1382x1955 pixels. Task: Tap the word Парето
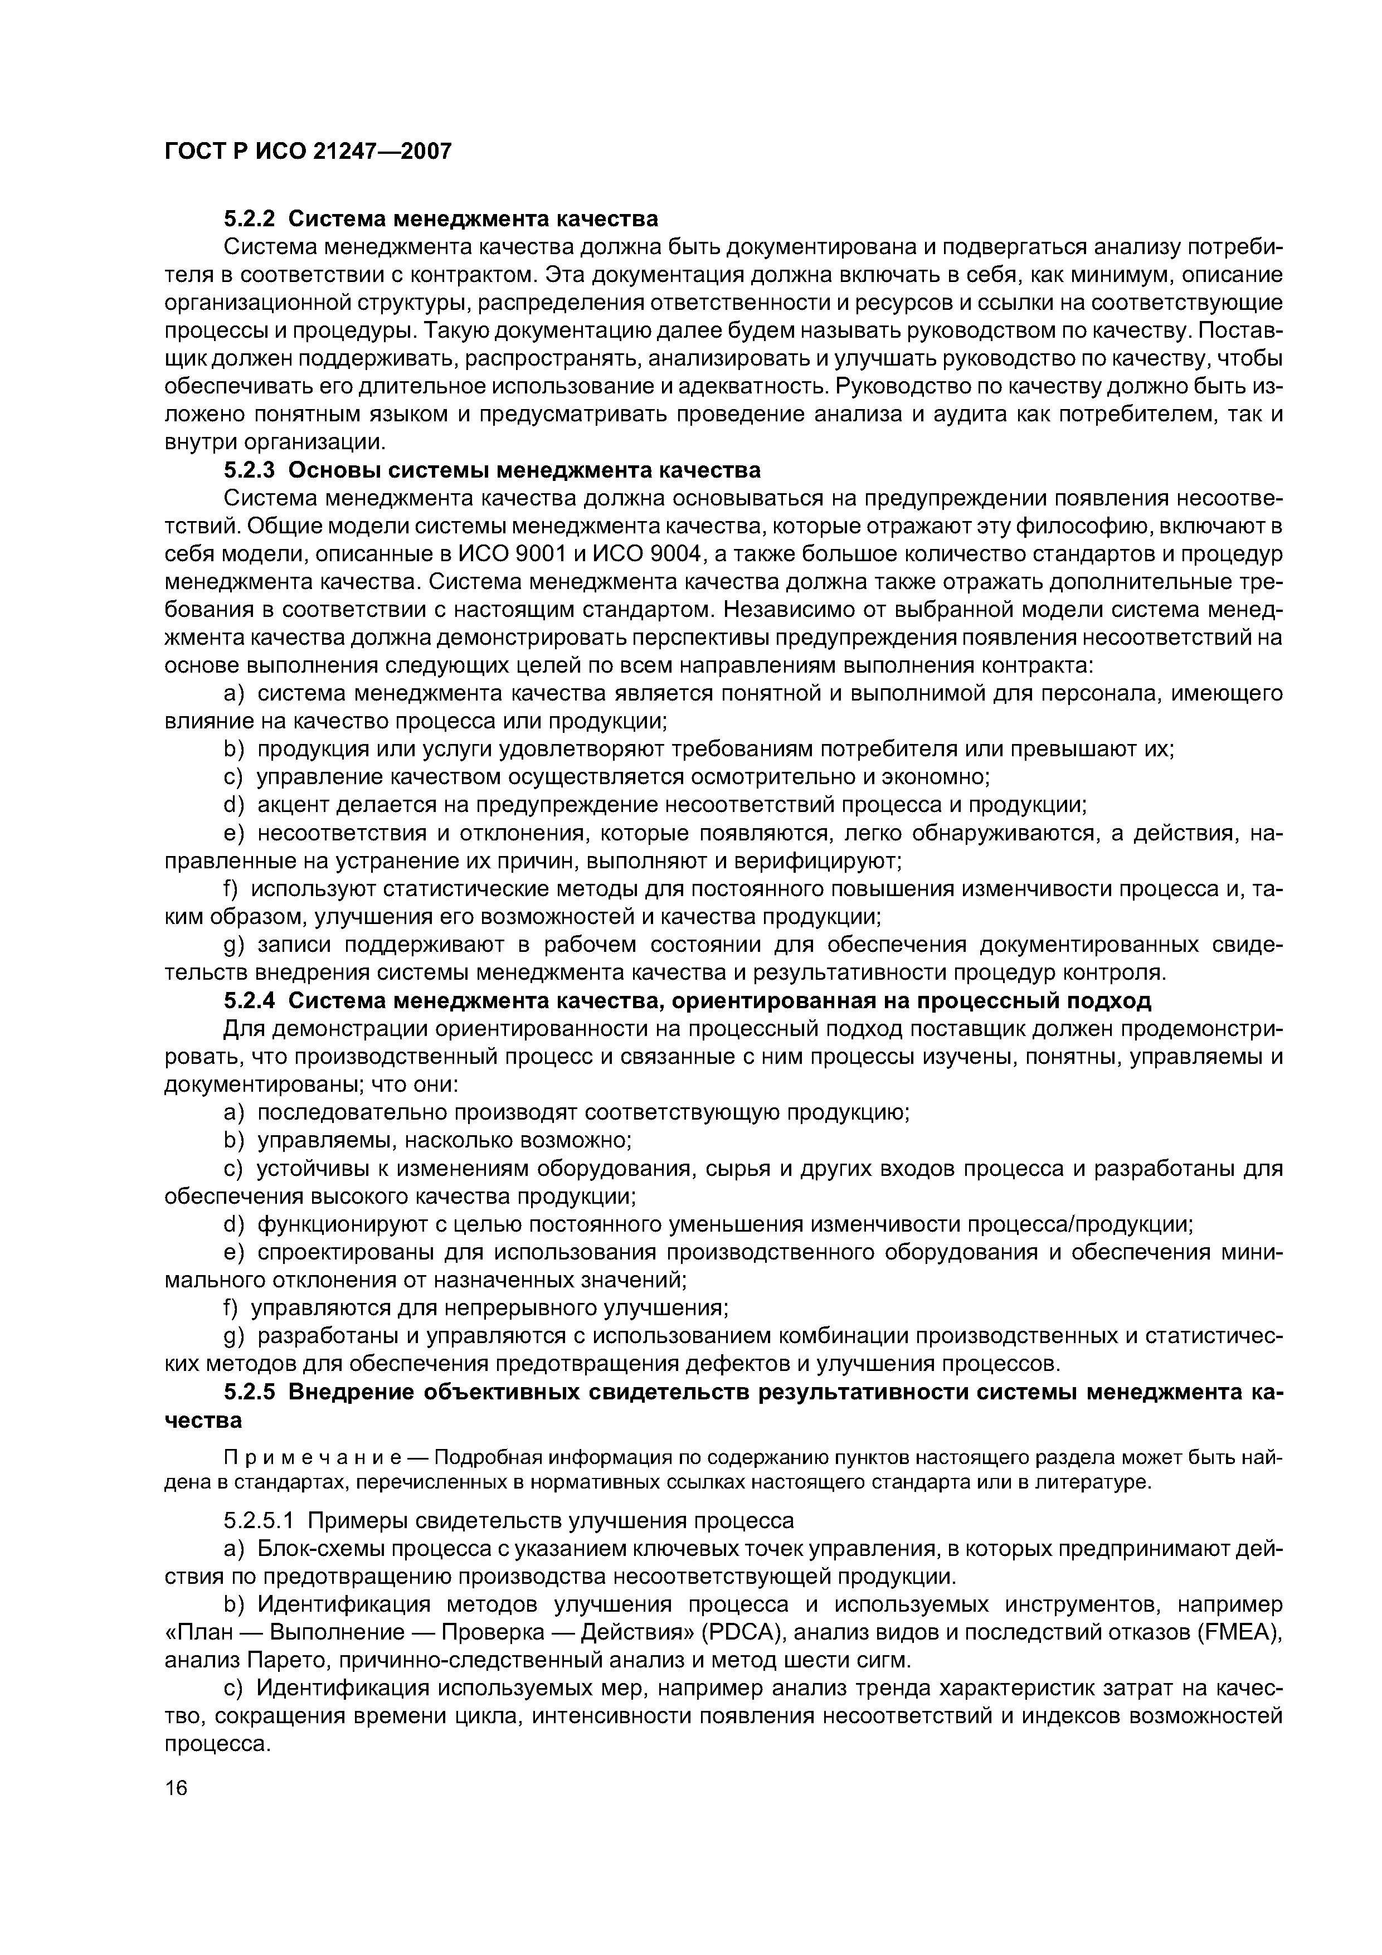283,1661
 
